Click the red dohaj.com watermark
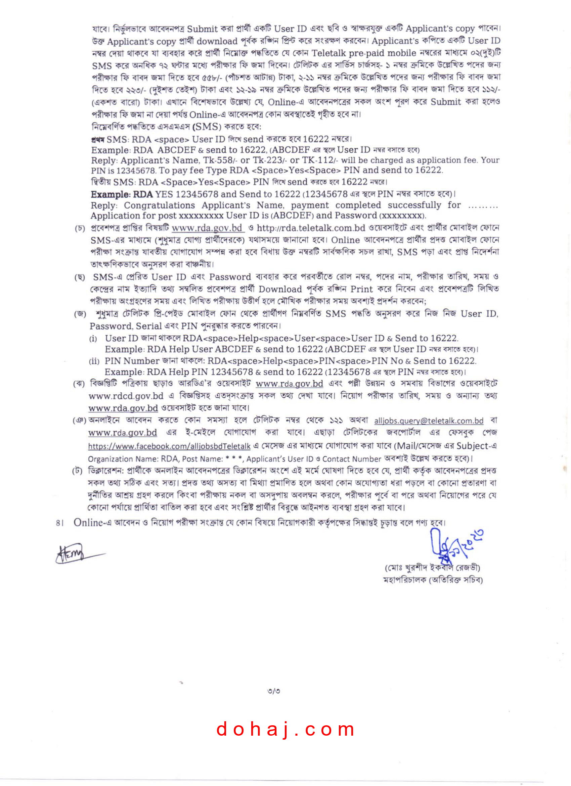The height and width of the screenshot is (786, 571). [x=285, y=729]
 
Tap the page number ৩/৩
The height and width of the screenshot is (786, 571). [x=274, y=691]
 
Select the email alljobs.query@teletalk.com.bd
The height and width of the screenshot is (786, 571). [x=429, y=421]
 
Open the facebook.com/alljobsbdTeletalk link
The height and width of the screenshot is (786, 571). [x=169, y=446]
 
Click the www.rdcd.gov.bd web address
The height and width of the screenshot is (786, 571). [x=126, y=396]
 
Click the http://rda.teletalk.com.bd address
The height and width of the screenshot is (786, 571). [x=311, y=228]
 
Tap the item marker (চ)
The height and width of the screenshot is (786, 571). [x=80, y=229]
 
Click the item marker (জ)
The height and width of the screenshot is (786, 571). [x=80, y=314]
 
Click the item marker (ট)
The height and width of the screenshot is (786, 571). [x=77, y=471]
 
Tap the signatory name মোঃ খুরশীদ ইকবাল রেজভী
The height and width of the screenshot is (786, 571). [x=432, y=568]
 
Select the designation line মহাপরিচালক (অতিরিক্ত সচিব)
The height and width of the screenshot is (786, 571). [x=433, y=580]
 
